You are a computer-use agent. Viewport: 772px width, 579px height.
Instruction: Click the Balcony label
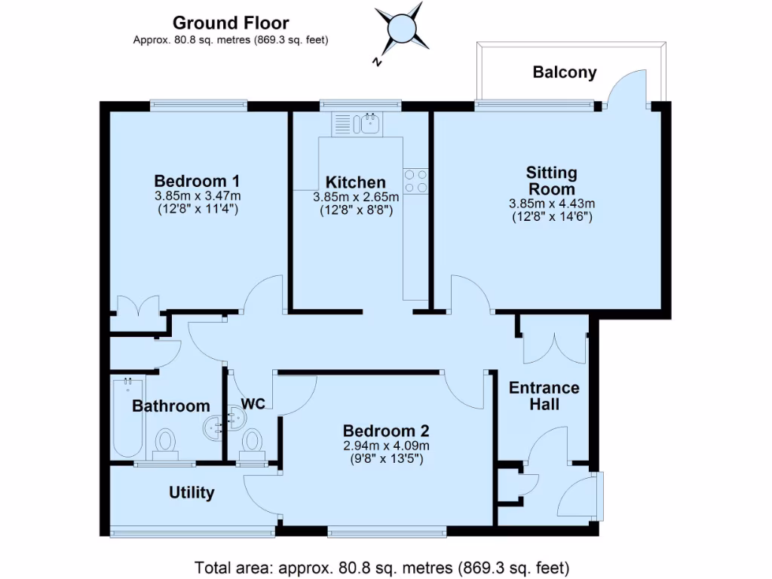(x=564, y=72)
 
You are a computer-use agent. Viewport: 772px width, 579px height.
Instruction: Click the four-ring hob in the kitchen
(x=415, y=181)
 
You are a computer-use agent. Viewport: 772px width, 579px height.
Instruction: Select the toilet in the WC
(x=252, y=443)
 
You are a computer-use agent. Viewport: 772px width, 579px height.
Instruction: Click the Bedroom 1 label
(x=197, y=181)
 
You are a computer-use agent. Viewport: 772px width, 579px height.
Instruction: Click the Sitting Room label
(x=551, y=181)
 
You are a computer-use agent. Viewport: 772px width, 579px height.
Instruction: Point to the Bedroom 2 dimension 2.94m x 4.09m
(x=386, y=446)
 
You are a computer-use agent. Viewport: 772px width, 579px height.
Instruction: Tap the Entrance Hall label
(x=544, y=396)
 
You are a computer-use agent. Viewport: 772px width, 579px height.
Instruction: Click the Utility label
(x=191, y=493)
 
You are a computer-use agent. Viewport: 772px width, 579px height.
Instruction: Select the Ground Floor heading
(x=231, y=23)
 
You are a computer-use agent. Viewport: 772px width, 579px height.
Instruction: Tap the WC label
(x=253, y=404)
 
